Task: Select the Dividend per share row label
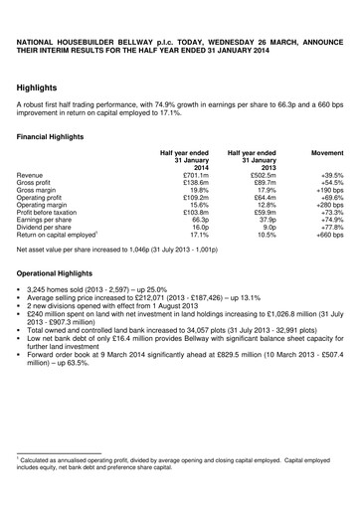[51, 238]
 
